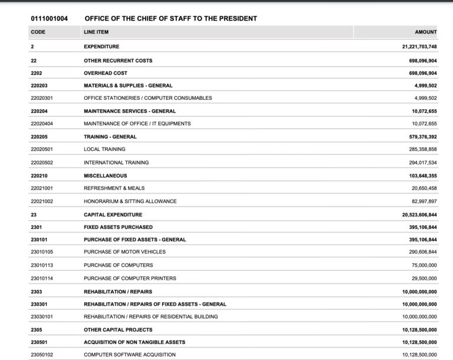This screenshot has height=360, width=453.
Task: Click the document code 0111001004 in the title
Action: point(49,18)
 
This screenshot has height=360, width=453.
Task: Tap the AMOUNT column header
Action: point(426,32)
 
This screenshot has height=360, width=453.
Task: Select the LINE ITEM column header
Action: point(96,32)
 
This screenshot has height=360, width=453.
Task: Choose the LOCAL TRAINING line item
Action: point(104,149)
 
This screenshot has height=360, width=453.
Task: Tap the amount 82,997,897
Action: point(419,201)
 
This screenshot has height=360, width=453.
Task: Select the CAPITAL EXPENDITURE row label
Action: point(113,215)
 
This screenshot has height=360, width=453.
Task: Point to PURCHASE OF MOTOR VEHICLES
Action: point(124,252)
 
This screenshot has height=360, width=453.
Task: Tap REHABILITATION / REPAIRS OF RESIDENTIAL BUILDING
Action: point(150,317)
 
